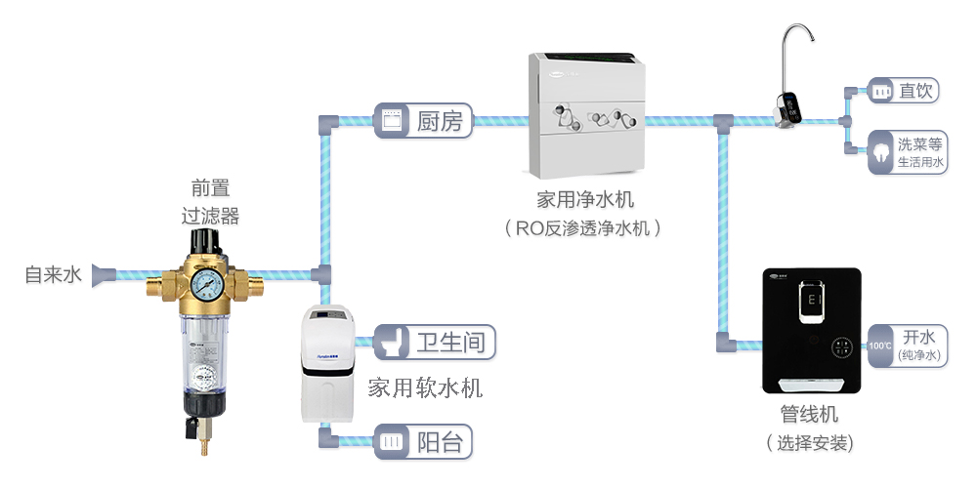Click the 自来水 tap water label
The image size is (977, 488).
click(x=53, y=275)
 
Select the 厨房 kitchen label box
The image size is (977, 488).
click(x=422, y=121)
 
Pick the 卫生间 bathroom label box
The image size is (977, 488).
click(x=435, y=343)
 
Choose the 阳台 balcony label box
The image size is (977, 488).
click(x=423, y=441)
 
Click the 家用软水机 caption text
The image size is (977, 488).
click(x=425, y=388)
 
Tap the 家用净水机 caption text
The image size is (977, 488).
click(x=585, y=200)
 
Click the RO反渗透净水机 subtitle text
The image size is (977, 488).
click(x=584, y=228)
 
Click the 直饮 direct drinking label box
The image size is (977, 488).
click(x=904, y=92)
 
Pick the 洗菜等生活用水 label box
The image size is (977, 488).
click(x=908, y=152)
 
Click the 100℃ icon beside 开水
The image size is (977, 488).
click(x=880, y=346)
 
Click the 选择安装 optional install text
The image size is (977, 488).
click(x=810, y=443)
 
